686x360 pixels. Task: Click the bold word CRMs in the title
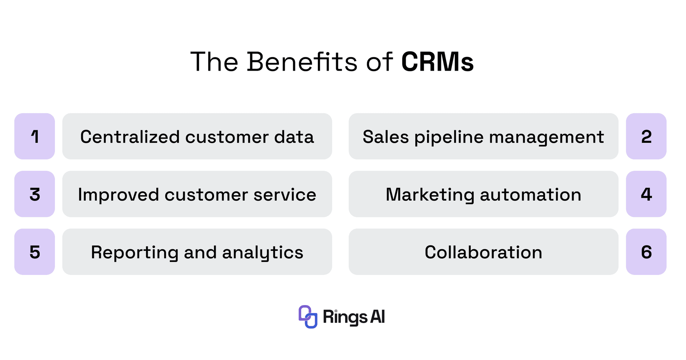click(x=437, y=62)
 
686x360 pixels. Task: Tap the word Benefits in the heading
click(x=302, y=62)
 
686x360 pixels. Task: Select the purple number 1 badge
click(x=35, y=136)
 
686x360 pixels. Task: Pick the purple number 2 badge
click(x=646, y=136)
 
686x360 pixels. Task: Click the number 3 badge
click(x=35, y=194)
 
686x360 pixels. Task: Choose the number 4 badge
click(x=646, y=194)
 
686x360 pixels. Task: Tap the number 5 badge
click(x=35, y=252)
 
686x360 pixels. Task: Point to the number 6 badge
click(x=646, y=252)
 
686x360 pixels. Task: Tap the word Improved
click(x=118, y=195)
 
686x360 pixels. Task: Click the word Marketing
click(x=430, y=195)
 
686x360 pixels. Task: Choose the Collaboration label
click(x=483, y=252)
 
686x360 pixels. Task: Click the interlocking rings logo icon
click(x=308, y=317)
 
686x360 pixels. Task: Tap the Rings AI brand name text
click(x=354, y=317)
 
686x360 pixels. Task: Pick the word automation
click(x=531, y=195)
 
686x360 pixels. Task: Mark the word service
click(x=285, y=195)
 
